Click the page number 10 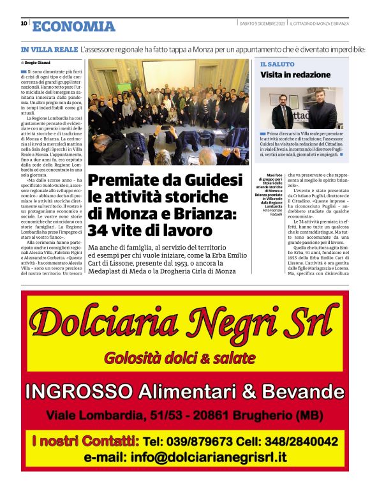(24, 24)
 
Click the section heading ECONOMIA (73, 26)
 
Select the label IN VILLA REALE (48, 49)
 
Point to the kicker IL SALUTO (277, 64)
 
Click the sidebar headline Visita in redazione (295, 75)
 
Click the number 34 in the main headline (98, 230)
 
